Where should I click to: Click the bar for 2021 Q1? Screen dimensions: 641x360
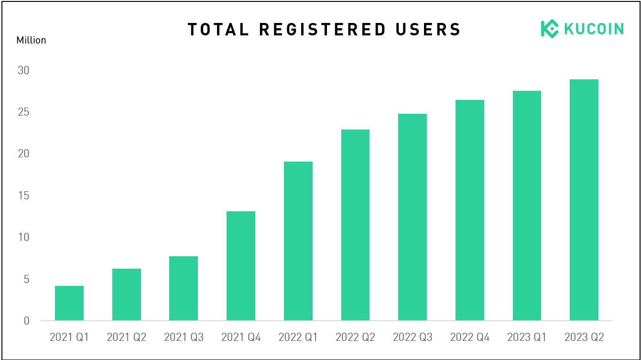click(x=69, y=303)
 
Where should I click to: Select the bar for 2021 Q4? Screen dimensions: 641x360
click(x=241, y=266)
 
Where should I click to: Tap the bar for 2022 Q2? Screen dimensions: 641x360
click(x=356, y=225)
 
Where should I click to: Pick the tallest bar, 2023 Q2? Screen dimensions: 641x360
click(x=584, y=200)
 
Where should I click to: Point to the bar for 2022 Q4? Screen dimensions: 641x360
click(x=470, y=210)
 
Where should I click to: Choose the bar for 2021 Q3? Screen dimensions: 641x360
click(x=184, y=288)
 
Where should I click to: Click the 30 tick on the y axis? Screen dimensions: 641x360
click(x=23, y=70)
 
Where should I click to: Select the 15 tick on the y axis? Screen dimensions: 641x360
click(x=23, y=196)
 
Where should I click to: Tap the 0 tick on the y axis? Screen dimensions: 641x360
click(x=27, y=321)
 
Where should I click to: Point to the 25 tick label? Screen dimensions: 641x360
click(x=23, y=112)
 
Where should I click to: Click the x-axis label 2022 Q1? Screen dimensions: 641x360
click(x=298, y=337)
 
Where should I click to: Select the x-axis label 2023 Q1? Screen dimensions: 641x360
click(x=527, y=337)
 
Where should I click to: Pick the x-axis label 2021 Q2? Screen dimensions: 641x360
click(x=127, y=337)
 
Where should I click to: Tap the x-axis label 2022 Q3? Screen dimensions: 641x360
click(x=413, y=337)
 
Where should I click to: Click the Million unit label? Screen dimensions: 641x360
click(x=31, y=40)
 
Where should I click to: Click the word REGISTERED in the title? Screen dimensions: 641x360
click(x=323, y=30)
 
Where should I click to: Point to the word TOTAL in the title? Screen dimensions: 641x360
click(x=218, y=30)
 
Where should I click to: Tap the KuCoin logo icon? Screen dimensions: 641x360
click(x=550, y=29)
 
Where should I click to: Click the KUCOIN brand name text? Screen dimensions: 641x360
click(x=594, y=29)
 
